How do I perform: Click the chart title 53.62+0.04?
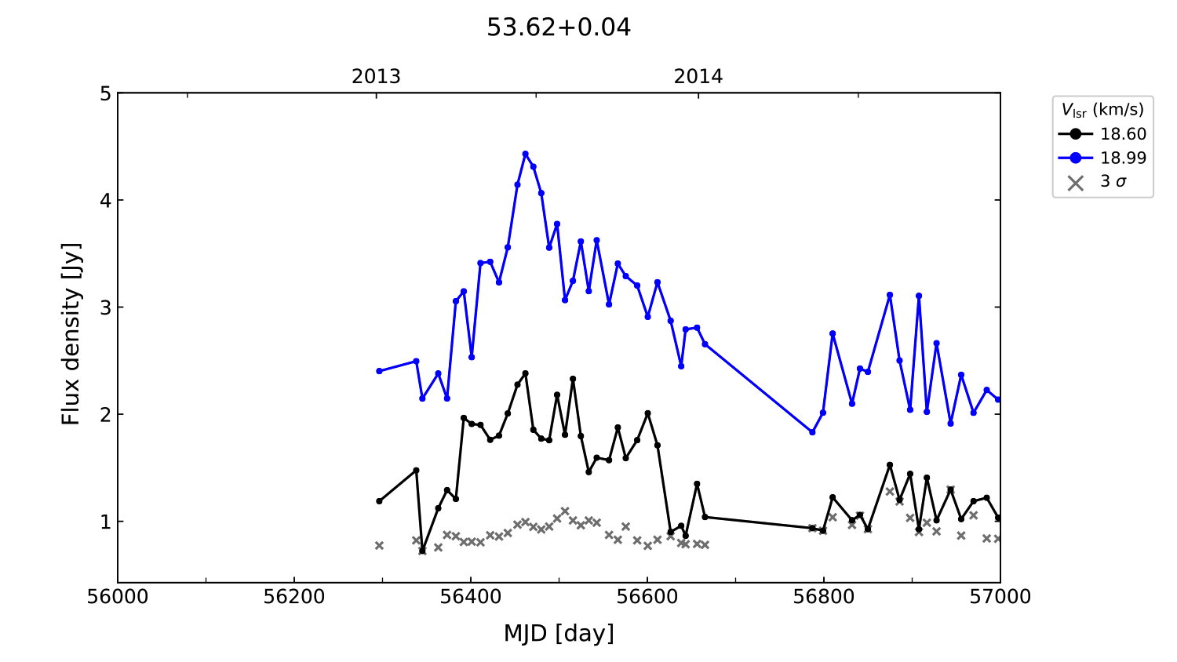(x=559, y=27)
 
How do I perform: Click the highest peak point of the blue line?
(x=526, y=154)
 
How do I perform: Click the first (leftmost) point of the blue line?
(x=379, y=371)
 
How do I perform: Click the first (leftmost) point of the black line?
(x=379, y=501)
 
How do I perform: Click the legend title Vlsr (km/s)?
(x=1102, y=110)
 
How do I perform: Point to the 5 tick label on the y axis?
(x=105, y=94)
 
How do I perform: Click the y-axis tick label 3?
(x=105, y=307)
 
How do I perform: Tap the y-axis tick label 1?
(x=105, y=522)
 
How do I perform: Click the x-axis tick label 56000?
(x=118, y=598)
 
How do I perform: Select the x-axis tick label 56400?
(x=471, y=598)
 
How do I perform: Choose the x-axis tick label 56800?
(x=824, y=598)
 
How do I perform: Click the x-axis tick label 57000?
(x=1000, y=598)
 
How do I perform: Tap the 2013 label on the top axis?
(x=376, y=77)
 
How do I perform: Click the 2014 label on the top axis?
(x=698, y=77)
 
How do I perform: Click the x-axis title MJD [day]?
(x=559, y=633)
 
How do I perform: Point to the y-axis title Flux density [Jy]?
(x=71, y=333)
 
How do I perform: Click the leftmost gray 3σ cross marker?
(x=379, y=545)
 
